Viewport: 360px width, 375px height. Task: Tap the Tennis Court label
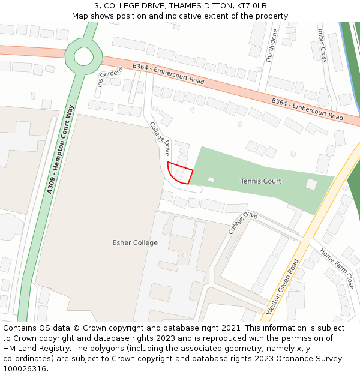pos(261,181)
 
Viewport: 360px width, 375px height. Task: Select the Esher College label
pos(135,243)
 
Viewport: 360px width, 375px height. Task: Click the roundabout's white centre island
pos(83,56)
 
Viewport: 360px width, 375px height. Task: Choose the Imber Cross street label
pos(322,46)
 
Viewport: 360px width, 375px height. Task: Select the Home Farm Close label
pos(337,268)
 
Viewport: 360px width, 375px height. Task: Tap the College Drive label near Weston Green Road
pos(242,223)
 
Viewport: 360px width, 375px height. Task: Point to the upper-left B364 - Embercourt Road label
pos(169,74)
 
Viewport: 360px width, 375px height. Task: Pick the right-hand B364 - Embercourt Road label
pos(307,109)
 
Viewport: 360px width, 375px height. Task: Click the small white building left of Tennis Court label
pos(211,179)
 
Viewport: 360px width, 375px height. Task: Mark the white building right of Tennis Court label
pos(311,184)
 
